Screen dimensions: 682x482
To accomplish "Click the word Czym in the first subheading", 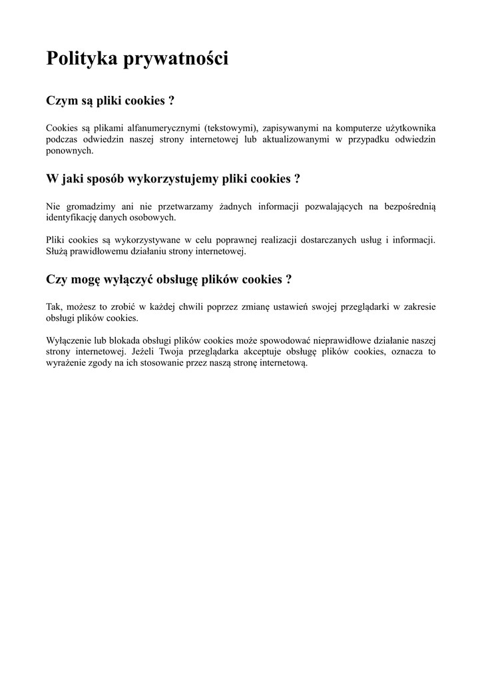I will click(60, 101).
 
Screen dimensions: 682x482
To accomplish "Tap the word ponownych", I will click(69, 151).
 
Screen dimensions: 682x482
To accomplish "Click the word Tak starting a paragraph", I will click(53, 307).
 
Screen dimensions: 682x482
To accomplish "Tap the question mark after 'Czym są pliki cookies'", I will click(172, 101).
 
